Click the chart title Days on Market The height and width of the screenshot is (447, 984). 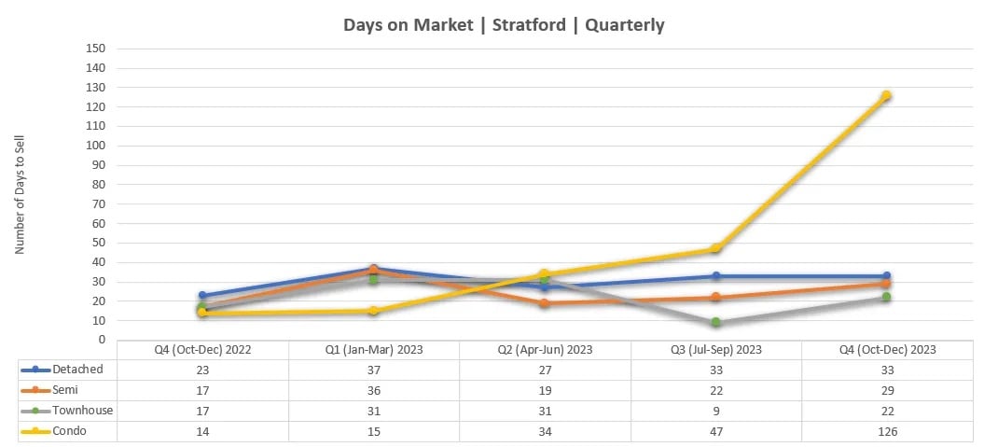click(x=504, y=25)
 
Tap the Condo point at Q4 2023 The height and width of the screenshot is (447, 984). click(x=886, y=95)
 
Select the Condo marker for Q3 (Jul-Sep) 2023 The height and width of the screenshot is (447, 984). click(x=715, y=248)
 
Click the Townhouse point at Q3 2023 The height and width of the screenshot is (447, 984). click(x=715, y=322)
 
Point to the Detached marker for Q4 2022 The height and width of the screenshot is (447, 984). click(x=202, y=295)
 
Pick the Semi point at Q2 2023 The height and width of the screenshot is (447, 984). click(x=545, y=303)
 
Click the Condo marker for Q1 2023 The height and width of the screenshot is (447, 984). click(x=373, y=311)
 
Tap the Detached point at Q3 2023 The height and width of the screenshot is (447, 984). click(x=715, y=275)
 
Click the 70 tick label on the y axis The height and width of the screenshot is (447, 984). click(x=98, y=204)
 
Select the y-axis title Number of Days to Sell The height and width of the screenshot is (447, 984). click(x=20, y=194)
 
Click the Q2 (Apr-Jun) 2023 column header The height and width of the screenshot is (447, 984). click(x=545, y=349)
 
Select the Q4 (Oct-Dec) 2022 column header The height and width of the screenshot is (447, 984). click(x=202, y=349)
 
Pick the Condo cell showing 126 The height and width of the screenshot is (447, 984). click(x=886, y=431)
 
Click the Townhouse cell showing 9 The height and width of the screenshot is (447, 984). click(x=715, y=411)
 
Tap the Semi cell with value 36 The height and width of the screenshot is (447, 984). click(x=373, y=390)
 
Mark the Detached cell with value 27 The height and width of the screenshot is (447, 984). click(x=545, y=370)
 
